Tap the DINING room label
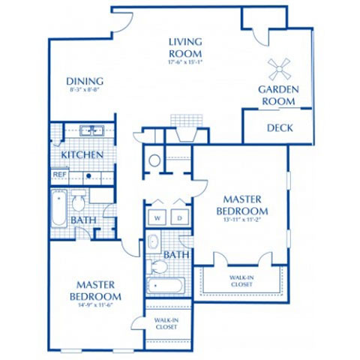click(84, 82)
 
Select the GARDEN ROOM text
click(279, 94)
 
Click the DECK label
click(280, 128)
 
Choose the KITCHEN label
click(82, 154)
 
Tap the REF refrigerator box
click(60, 175)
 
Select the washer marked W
click(159, 218)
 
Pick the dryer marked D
click(180, 218)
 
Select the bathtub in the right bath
click(165, 286)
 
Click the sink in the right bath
click(153, 241)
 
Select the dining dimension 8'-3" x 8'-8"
click(84, 91)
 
